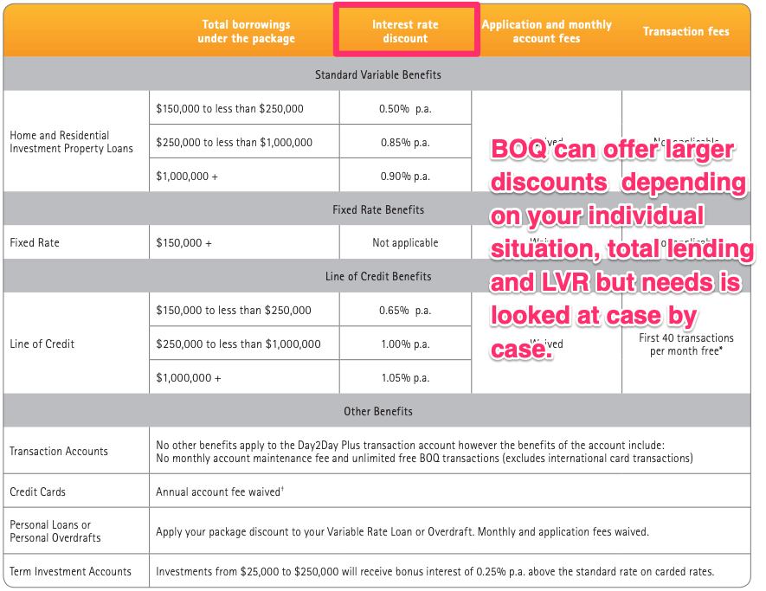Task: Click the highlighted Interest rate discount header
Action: click(x=405, y=31)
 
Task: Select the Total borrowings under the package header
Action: click(x=246, y=31)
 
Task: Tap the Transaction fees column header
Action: click(x=686, y=31)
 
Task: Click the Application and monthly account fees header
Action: click(x=546, y=31)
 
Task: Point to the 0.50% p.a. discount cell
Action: click(x=405, y=109)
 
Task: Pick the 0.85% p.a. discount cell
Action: click(x=405, y=142)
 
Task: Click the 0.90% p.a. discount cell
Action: click(x=405, y=176)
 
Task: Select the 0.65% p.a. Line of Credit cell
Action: click(x=405, y=310)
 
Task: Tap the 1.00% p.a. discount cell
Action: click(x=405, y=344)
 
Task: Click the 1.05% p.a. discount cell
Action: click(x=405, y=377)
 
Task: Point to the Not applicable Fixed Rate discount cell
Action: click(x=405, y=243)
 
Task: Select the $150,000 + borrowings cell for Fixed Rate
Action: click(x=184, y=243)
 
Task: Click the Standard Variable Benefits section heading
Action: click(x=378, y=75)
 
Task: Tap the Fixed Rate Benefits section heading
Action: click(x=378, y=209)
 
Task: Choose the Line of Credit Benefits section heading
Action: click(x=378, y=277)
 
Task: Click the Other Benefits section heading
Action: click(x=378, y=411)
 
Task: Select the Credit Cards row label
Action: click(x=38, y=491)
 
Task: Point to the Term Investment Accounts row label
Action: click(x=71, y=571)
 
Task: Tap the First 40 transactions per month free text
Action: click(x=686, y=344)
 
